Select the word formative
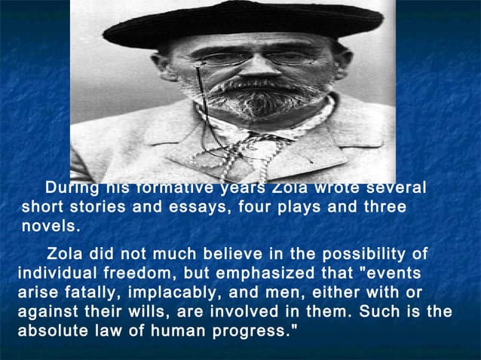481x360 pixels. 168,188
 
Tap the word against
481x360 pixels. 47,311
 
